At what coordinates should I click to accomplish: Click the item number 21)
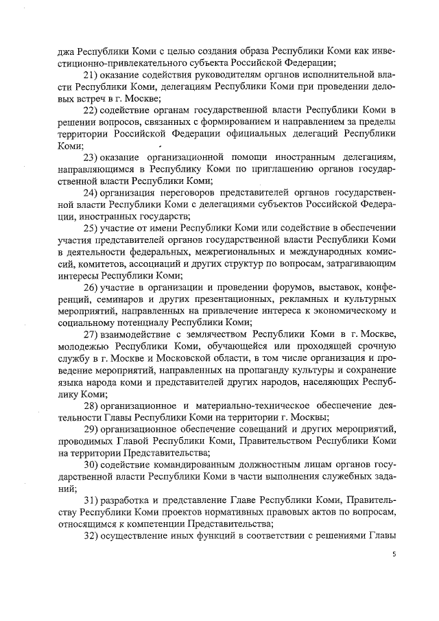tap(93, 74)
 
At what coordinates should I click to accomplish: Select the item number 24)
tap(93, 194)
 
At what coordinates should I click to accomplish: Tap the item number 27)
tap(93, 334)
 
